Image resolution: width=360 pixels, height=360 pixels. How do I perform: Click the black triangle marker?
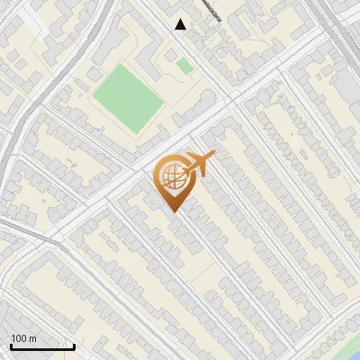[181, 24]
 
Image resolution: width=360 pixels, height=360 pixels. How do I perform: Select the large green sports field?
[129, 97]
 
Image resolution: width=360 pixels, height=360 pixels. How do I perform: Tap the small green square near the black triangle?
[184, 66]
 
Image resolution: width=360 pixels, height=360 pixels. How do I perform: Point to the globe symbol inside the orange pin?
[171, 177]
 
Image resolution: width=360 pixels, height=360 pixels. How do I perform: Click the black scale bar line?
[41, 346]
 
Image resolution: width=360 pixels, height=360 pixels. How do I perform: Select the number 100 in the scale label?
[19, 338]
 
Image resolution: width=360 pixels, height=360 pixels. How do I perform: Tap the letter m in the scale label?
[32, 338]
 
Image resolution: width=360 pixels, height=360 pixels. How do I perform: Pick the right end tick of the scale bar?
[74, 345]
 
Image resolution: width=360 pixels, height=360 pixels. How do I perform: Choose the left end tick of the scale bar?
[10, 345]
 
